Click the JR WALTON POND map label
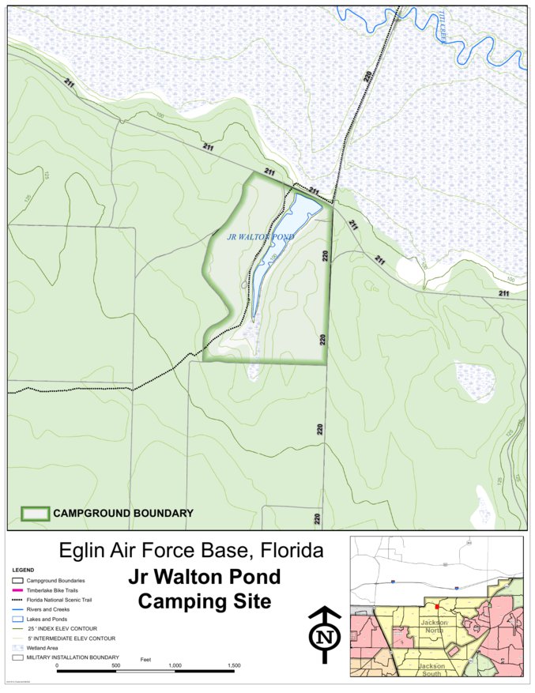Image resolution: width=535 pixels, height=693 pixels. [260, 236]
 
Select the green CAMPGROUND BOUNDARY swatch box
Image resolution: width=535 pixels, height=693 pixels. [35, 514]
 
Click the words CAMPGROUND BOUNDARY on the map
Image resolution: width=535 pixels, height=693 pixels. [123, 514]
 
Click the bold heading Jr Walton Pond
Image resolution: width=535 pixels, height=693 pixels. [204, 577]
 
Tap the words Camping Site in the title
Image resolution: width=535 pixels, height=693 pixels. [204, 601]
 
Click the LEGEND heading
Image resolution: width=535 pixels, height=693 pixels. [23, 570]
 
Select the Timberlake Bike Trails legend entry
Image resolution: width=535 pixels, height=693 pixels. [55, 590]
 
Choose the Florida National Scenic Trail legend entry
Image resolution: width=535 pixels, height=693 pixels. [63, 600]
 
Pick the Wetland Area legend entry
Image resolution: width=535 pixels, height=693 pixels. [47, 647]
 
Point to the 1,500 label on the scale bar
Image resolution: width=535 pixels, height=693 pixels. [234, 666]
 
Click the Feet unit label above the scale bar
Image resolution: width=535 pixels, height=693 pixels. [145, 657]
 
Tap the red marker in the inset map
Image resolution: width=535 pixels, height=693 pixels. [437, 607]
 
